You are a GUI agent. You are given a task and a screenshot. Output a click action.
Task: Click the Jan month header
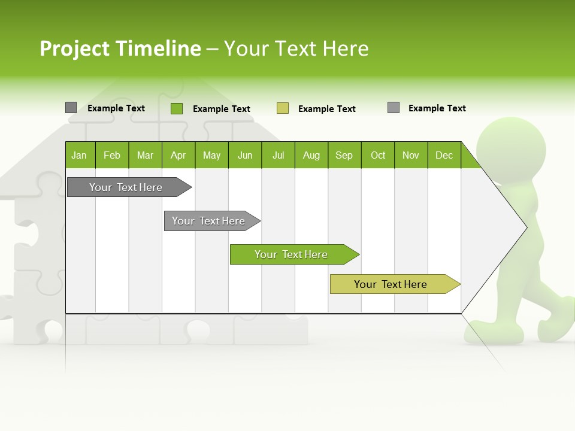(x=80, y=155)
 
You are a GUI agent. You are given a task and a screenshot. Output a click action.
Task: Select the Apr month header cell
(x=178, y=155)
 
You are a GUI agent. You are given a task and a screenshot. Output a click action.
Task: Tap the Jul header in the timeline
(x=278, y=155)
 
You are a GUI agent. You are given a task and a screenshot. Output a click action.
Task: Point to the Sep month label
(x=344, y=155)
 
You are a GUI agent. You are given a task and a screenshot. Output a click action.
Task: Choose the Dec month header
(x=444, y=155)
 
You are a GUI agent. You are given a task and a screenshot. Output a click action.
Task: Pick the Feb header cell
(x=112, y=155)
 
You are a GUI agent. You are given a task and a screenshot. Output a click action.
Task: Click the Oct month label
(x=378, y=155)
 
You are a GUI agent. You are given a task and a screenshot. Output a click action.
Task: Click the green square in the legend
(x=177, y=108)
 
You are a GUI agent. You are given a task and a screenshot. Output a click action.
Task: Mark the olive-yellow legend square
(x=283, y=108)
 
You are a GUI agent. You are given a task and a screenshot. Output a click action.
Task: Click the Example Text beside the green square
(x=221, y=109)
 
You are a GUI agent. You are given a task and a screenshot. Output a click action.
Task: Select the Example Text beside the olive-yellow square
(x=326, y=109)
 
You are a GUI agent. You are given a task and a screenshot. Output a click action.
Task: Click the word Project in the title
(x=75, y=48)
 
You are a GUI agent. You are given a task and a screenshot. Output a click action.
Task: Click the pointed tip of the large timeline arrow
(x=525, y=227)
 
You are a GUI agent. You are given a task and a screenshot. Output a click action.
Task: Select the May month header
(x=211, y=155)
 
